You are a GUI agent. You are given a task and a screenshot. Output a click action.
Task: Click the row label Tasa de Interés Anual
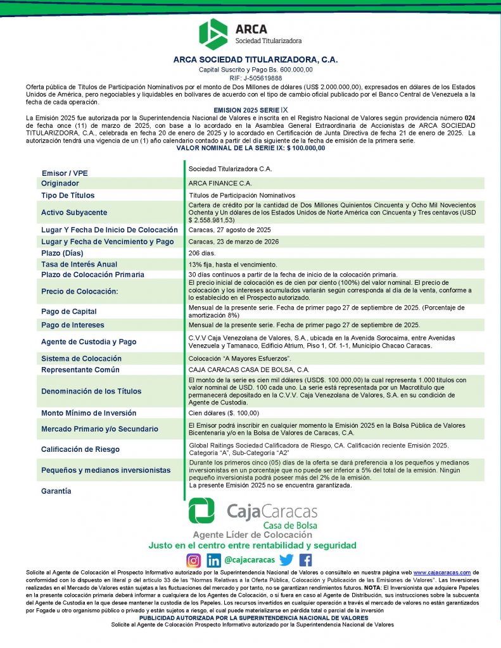(x=79, y=264)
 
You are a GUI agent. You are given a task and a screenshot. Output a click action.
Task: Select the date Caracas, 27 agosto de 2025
(x=229, y=230)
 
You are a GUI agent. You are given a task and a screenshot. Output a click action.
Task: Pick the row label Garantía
(x=56, y=491)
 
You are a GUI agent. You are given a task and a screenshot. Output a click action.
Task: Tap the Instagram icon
(x=194, y=560)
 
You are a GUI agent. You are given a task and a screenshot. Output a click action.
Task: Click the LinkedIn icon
(x=214, y=560)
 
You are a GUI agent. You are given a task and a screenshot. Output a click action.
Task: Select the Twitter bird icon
(x=286, y=560)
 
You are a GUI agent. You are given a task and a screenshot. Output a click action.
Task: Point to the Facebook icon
(x=305, y=560)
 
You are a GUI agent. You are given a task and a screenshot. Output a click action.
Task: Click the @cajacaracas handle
(x=250, y=560)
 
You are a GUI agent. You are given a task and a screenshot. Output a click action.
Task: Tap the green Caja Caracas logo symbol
(x=201, y=511)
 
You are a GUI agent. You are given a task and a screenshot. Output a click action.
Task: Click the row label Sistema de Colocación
(x=81, y=358)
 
